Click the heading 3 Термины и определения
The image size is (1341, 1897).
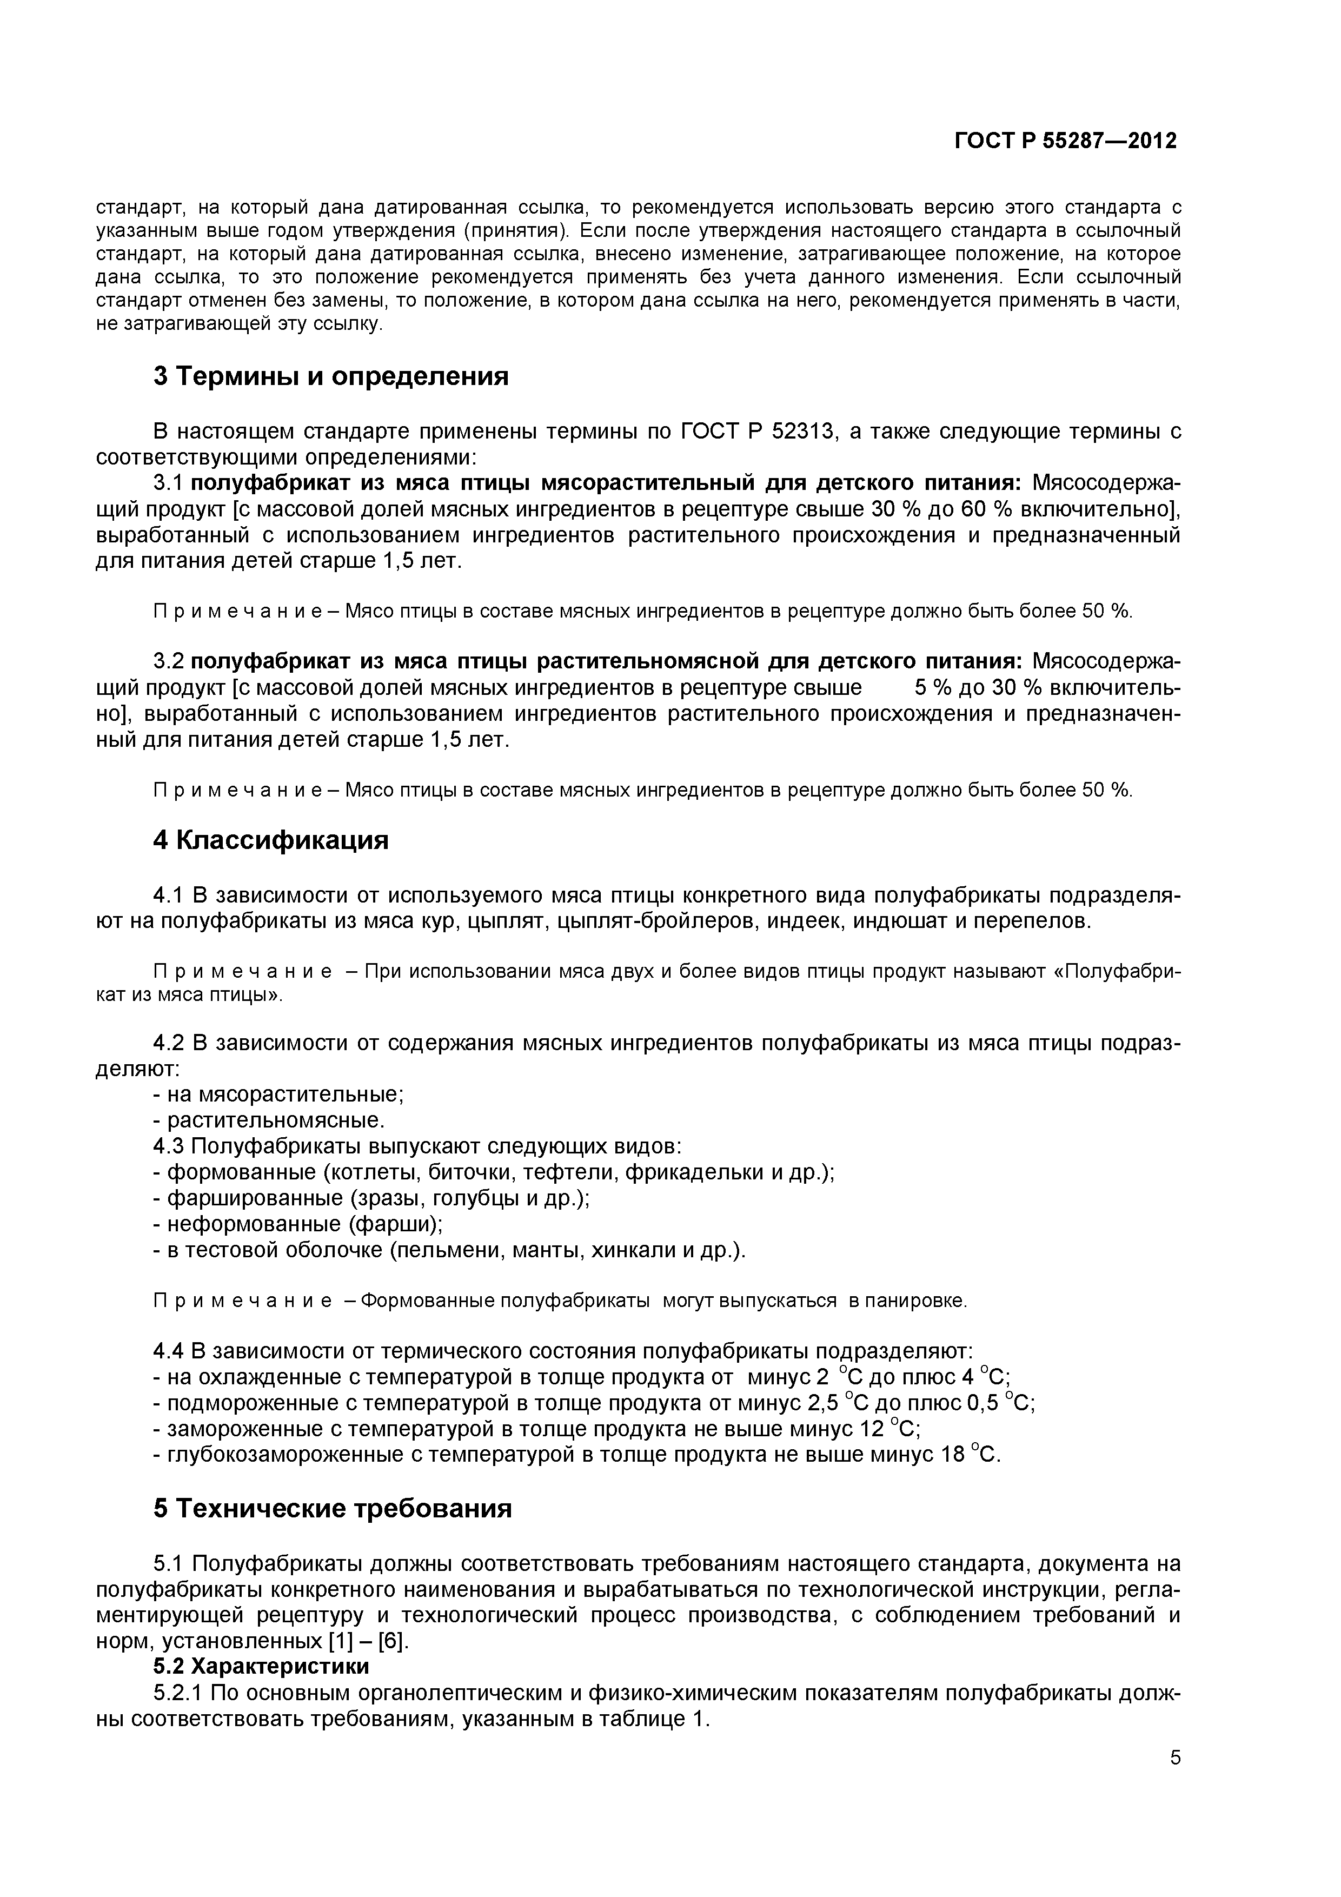pos(330,377)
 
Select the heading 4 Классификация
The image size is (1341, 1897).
pos(270,840)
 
